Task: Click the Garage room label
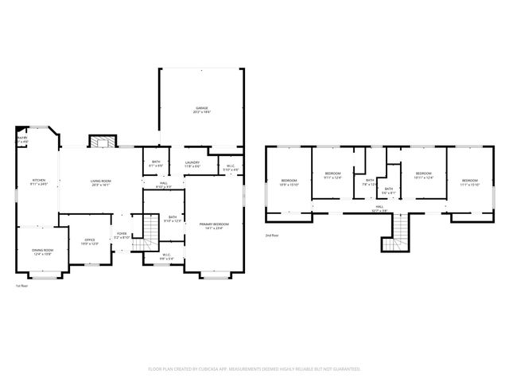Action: (x=203, y=109)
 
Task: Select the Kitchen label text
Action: (x=38, y=182)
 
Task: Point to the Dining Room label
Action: (x=42, y=251)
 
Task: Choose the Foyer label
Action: (x=122, y=236)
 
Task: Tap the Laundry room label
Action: (x=192, y=164)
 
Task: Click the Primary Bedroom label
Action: (x=213, y=226)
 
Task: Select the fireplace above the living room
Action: (x=101, y=142)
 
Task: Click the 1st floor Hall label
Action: (x=162, y=185)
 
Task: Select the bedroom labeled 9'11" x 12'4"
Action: (x=332, y=175)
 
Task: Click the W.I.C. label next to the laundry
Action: (x=230, y=168)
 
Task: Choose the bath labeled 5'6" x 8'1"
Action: (x=389, y=191)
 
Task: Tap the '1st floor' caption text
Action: (x=23, y=286)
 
